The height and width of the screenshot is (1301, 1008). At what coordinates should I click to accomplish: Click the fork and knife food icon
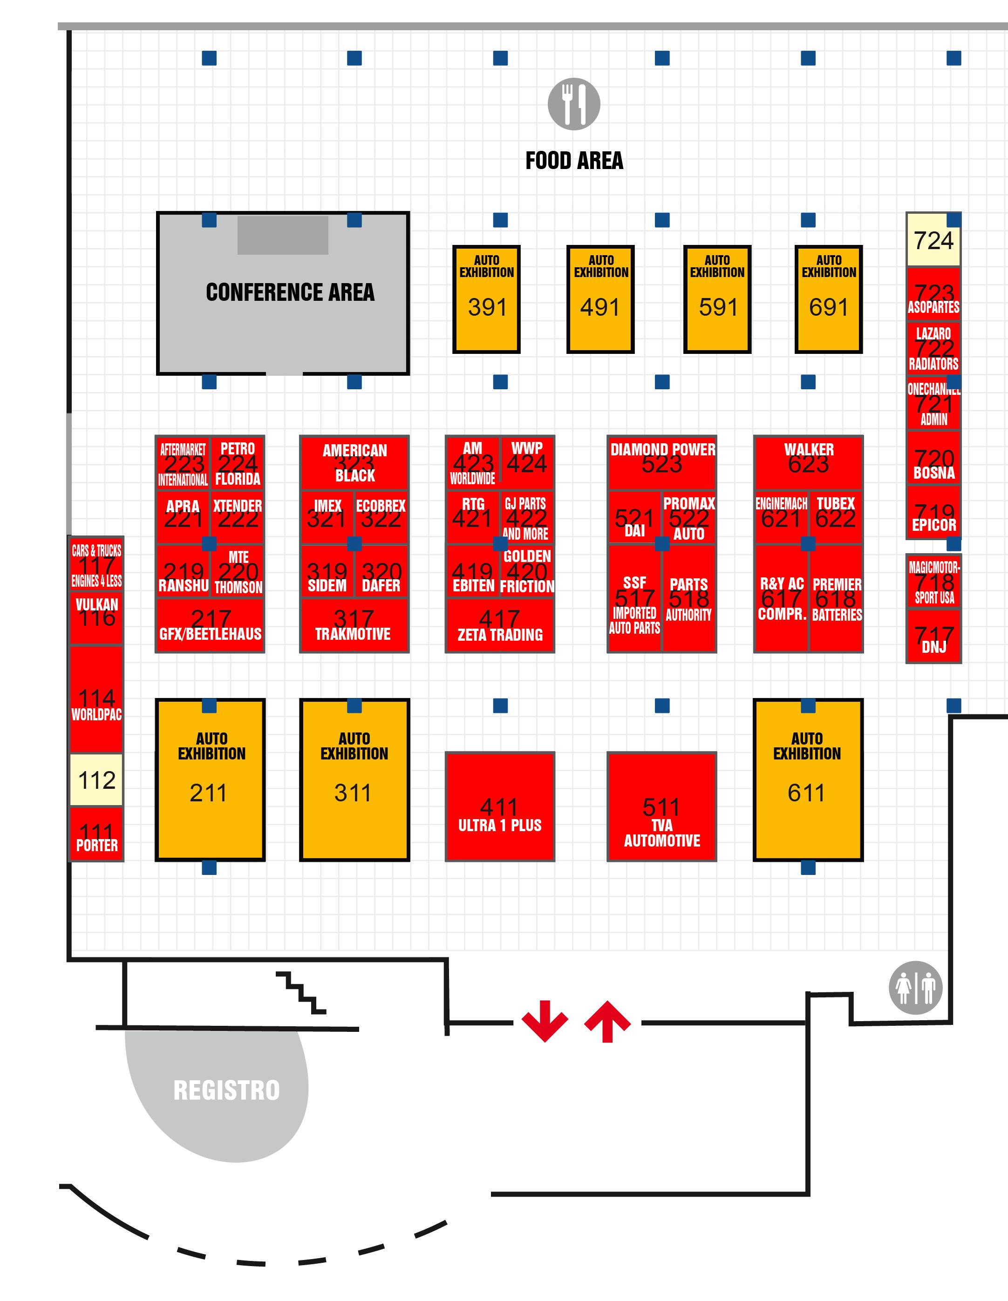pyautogui.click(x=574, y=104)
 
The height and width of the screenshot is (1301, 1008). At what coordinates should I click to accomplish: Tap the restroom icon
pyautogui.click(x=915, y=988)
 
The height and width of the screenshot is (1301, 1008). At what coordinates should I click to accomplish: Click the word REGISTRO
pyautogui.click(x=226, y=1091)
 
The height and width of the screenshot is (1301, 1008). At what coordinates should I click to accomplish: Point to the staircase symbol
pyautogui.click(x=301, y=992)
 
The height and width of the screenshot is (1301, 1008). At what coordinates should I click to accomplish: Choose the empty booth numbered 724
pyautogui.click(x=933, y=240)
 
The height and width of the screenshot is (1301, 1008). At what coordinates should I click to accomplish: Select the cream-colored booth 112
pyautogui.click(x=96, y=780)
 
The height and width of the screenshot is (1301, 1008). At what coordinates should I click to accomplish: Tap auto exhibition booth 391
pyautogui.click(x=486, y=299)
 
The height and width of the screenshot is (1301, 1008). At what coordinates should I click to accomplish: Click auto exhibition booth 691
pyautogui.click(x=829, y=299)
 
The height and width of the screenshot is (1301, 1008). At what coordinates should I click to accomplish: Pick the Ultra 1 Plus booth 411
pyautogui.click(x=500, y=807)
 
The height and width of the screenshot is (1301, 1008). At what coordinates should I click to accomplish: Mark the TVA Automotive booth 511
pyautogui.click(x=661, y=807)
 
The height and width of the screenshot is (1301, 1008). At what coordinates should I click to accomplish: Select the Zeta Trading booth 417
pyautogui.click(x=500, y=625)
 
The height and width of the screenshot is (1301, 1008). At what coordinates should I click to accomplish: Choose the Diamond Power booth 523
pyautogui.click(x=662, y=461)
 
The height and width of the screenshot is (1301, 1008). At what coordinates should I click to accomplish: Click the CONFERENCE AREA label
pyautogui.click(x=290, y=292)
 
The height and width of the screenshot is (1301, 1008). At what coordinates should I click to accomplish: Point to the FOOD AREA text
pyautogui.click(x=574, y=161)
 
